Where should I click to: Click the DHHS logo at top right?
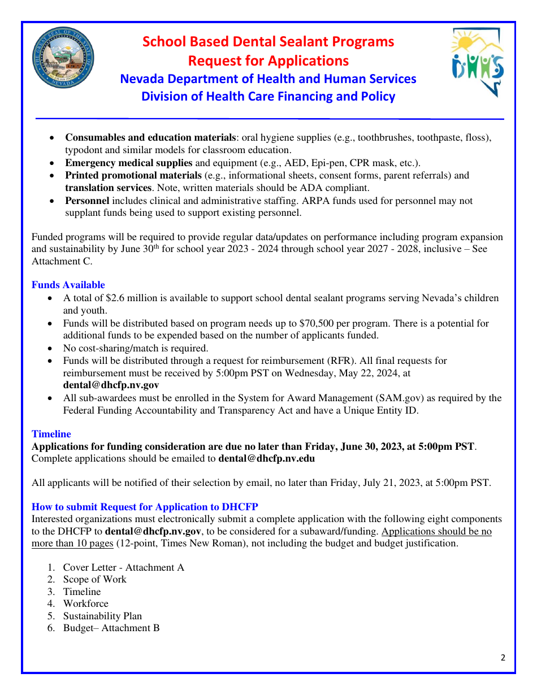(478, 62)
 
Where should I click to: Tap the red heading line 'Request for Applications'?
(268, 60)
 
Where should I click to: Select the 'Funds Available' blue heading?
(68, 285)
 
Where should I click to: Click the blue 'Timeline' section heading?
(51, 434)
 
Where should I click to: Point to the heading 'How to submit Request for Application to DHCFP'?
(145, 507)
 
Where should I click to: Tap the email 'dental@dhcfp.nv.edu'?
(267, 458)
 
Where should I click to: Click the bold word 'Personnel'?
(87, 201)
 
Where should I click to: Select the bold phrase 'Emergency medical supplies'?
(129, 163)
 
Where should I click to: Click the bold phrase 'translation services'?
(108, 188)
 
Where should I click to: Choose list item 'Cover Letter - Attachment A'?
(123, 567)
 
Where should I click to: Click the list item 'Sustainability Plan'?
(102, 616)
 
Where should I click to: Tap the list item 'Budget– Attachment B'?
(111, 628)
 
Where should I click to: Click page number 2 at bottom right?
(503, 658)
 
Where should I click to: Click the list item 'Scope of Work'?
(94, 579)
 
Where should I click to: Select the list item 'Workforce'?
(85, 603)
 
